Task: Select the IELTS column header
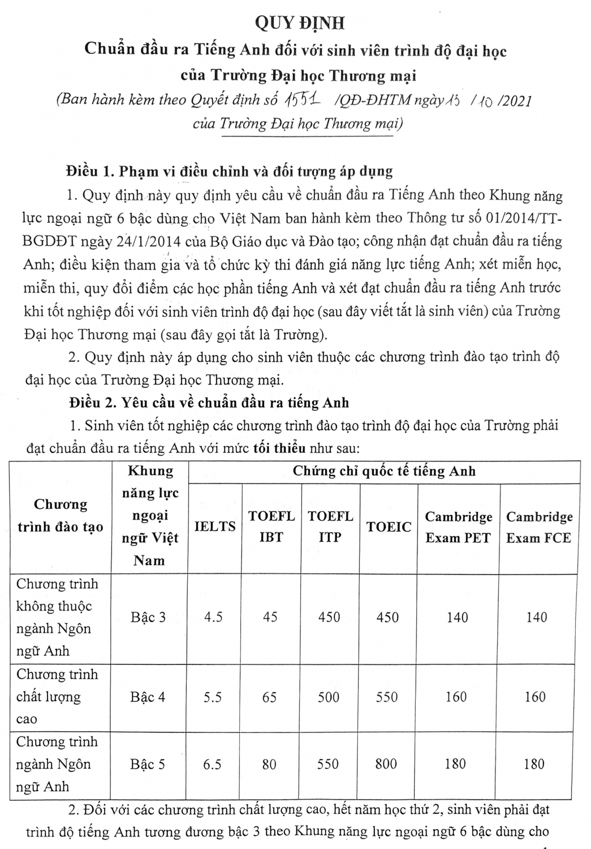pyautogui.click(x=215, y=526)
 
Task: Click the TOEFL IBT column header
pyautogui.click(x=271, y=526)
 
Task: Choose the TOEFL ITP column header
pyautogui.click(x=330, y=526)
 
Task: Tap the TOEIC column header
pyautogui.click(x=389, y=527)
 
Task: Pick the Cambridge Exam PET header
pyautogui.click(x=458, y=527)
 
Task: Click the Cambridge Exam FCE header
pyautogui.click(x=539, y=527)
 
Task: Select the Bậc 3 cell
pyautogui.click(x=148, y=617)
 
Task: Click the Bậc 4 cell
pyautogui.click(x=148, y=697)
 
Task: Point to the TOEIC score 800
pyautogui.click(x=386, y=764)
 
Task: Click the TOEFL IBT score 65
pyautogui.click(x=269, y=697)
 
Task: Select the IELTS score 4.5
pyautogui.click(x=213, y=617)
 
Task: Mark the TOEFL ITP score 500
pyautogui.click(x=329, y=697)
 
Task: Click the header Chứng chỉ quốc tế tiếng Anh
pyautogui.click(x=384, y=471)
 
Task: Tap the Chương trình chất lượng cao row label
pyautogui.click(x=57, y=697)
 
